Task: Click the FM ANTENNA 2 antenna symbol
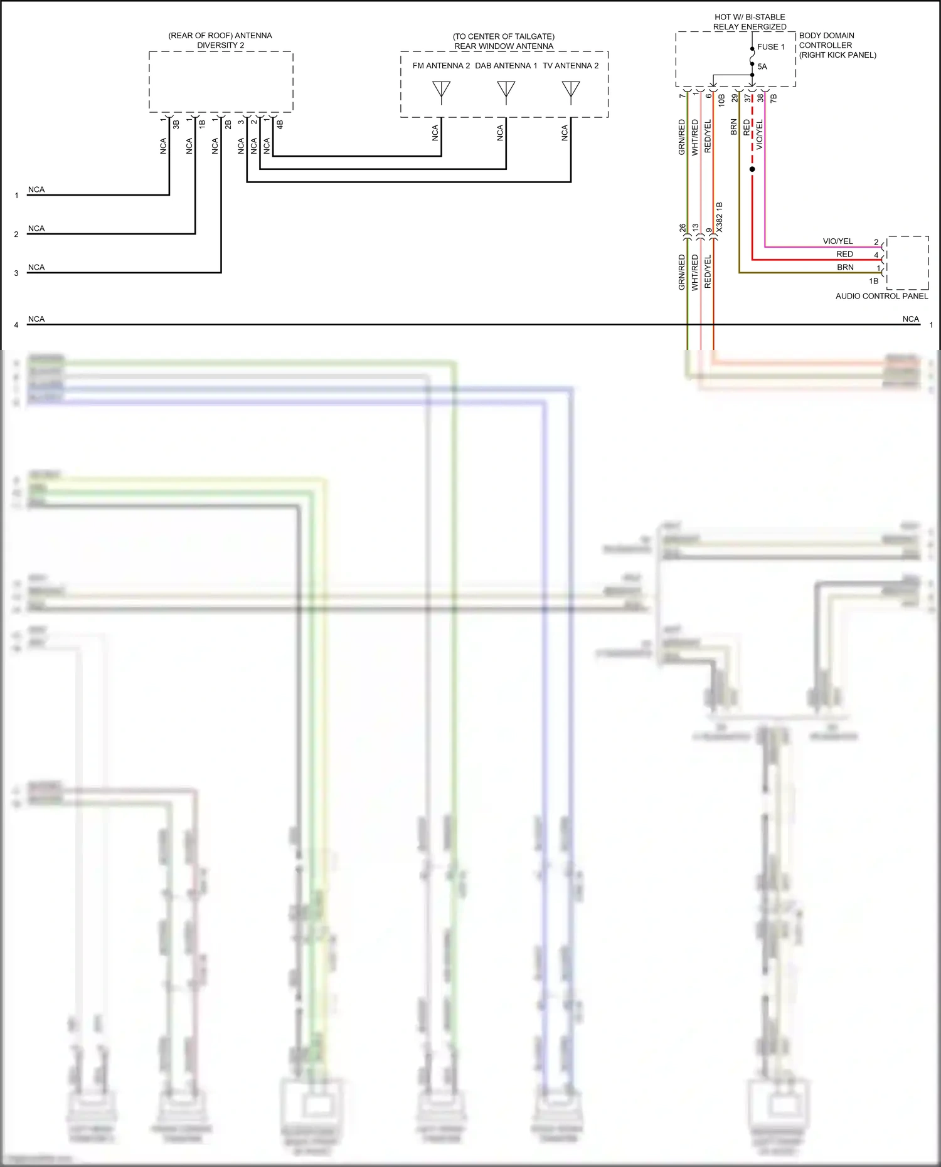(x=441, y=92)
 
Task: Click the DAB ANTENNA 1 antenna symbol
(x=506, y=92)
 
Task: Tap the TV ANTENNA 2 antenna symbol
(x=571, y=92)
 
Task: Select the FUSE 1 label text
(x=770, y=47)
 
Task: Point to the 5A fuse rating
(x=762, y=66)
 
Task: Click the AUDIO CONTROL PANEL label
(x=881, y=296)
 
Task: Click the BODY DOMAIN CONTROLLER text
(x=826, y=40)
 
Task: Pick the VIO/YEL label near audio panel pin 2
(x=837, y=241)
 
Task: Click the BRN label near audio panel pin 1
(x=845, y=267)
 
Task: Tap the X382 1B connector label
(x=720, y=217)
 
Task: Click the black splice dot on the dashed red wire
(x=752, y=169)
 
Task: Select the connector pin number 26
(x=683, y=229)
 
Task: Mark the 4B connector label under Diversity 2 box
(x=280, y=125)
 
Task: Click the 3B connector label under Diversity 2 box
(x=176, y=125)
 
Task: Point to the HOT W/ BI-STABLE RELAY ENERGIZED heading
(x=750, y=22)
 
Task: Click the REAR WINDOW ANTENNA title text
(x=504, y=46)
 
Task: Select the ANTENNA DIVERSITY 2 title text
(x=220, y=40)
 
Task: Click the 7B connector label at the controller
(x=774, y=98)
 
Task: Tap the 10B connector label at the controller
(x=721, y=100)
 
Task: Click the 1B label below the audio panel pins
(x=873, y=281)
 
